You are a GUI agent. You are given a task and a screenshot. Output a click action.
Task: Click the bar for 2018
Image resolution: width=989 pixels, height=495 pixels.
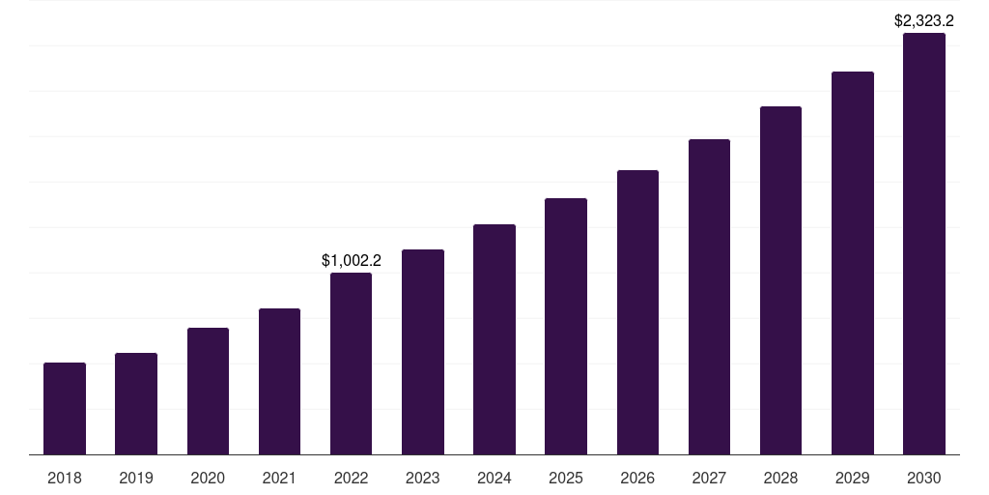[x=65, y=408]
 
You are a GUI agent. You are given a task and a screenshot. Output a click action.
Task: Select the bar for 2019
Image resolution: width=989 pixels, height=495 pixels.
[x=136, y=403]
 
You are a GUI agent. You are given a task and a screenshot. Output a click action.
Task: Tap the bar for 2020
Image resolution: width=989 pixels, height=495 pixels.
[x=208, y=391]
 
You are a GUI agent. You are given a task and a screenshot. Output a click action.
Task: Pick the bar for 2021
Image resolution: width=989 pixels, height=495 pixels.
[x=279, y=381]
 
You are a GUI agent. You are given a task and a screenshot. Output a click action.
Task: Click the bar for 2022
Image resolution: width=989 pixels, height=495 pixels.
[x=351, y=364]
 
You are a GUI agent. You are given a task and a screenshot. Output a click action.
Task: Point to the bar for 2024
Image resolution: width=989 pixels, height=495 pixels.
[x=494, y=339]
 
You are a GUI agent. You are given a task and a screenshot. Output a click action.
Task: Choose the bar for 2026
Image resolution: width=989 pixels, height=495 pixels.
[x=637, y=312]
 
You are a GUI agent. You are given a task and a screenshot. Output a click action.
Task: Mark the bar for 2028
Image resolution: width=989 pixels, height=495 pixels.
[x=780, y=280]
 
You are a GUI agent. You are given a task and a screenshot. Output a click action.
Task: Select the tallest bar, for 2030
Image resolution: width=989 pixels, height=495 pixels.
[x=923, y=244]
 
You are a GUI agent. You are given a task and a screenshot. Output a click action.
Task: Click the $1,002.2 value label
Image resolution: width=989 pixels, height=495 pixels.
[x=352, y=260]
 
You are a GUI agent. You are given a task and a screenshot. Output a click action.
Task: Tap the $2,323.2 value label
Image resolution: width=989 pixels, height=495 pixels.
[x=924, y=20]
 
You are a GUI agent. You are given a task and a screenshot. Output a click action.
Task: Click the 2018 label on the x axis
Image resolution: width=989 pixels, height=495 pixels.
[x=65, y=478]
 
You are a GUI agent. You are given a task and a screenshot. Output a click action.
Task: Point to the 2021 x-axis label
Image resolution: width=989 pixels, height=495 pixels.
[x=279, y=478]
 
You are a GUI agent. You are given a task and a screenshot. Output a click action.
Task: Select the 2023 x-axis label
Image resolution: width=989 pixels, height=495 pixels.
[x=423, y=478]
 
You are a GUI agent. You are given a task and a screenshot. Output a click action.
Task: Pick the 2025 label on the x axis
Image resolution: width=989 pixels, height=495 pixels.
[x=566, y=478]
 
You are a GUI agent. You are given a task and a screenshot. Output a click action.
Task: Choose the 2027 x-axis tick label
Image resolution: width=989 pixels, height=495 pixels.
[x=709, y=478]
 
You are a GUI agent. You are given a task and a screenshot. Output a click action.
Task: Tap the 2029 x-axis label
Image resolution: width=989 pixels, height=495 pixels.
[x=852, y=478]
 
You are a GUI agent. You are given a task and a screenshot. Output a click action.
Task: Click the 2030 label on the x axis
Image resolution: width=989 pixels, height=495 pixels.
[x=923, y=478]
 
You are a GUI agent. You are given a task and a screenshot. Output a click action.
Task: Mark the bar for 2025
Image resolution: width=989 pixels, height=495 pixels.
[x=566, y=326]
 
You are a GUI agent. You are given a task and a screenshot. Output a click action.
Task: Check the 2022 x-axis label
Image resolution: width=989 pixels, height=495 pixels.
[x=351, y=478]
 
